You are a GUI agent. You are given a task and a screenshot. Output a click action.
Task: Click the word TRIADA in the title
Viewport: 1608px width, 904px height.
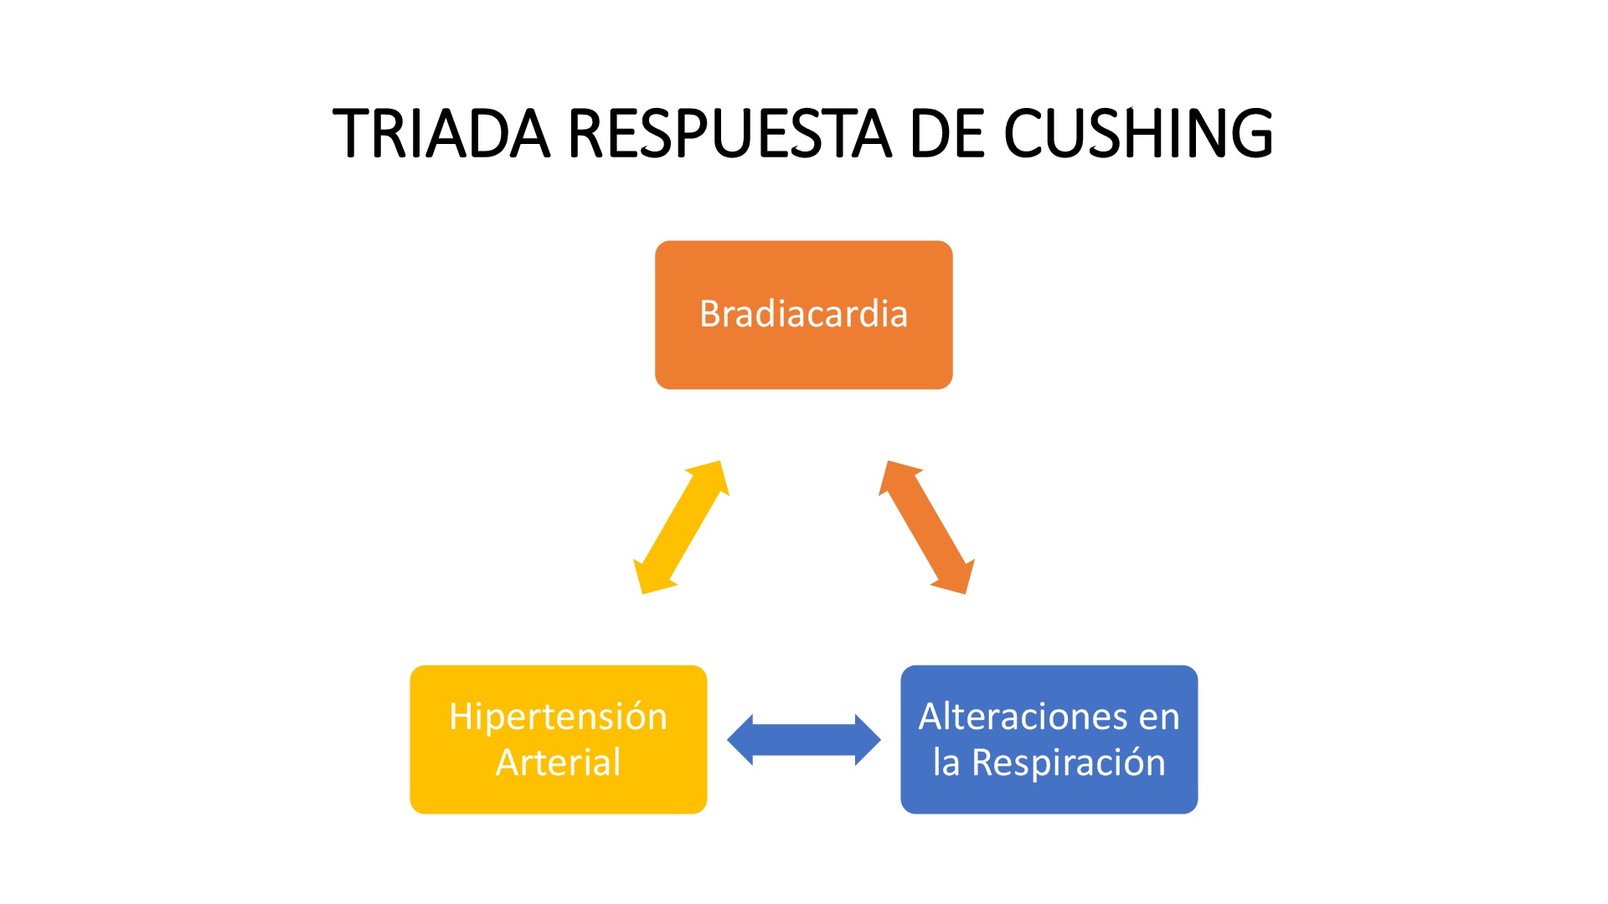pos(441,134)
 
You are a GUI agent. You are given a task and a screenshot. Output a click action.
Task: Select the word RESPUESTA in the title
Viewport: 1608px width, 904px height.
pos(729,134)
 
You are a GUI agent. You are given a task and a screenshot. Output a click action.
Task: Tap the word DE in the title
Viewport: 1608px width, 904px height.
pos(948,134)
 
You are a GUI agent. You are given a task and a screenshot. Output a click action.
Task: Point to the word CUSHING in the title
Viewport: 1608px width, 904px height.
pos(1139,134)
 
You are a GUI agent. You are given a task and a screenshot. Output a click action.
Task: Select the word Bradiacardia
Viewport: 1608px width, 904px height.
pos(803,314)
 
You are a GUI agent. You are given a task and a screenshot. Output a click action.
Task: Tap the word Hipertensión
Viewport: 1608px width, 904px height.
pos(558,717)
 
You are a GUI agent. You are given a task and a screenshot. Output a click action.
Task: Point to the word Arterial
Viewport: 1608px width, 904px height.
pos(558,763)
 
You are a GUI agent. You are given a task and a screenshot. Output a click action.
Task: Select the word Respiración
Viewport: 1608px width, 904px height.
pos(1069,763)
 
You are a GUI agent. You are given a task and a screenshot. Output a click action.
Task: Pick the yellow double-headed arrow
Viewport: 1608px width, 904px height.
pos(681,527)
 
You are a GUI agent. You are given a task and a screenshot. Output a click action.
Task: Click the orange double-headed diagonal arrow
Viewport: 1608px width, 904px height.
pos(926,527)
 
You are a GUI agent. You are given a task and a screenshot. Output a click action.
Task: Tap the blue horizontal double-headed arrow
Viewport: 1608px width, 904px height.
pos(803,740)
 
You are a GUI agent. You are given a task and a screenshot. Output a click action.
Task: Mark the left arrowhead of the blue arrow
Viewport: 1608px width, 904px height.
pos(742,740)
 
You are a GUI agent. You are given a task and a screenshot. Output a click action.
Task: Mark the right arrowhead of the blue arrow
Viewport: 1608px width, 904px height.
pos(866,740)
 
